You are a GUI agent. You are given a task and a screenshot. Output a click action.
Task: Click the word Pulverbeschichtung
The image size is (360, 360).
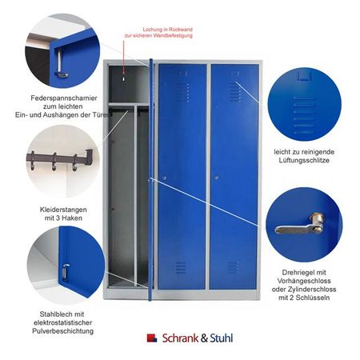(65, 330)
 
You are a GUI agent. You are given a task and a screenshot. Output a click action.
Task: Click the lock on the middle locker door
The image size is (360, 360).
(165, 177)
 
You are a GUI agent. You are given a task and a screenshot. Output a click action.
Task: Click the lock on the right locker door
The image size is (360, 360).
(215, 177)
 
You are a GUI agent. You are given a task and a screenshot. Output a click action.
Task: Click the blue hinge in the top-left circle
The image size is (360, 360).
(60, 56)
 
